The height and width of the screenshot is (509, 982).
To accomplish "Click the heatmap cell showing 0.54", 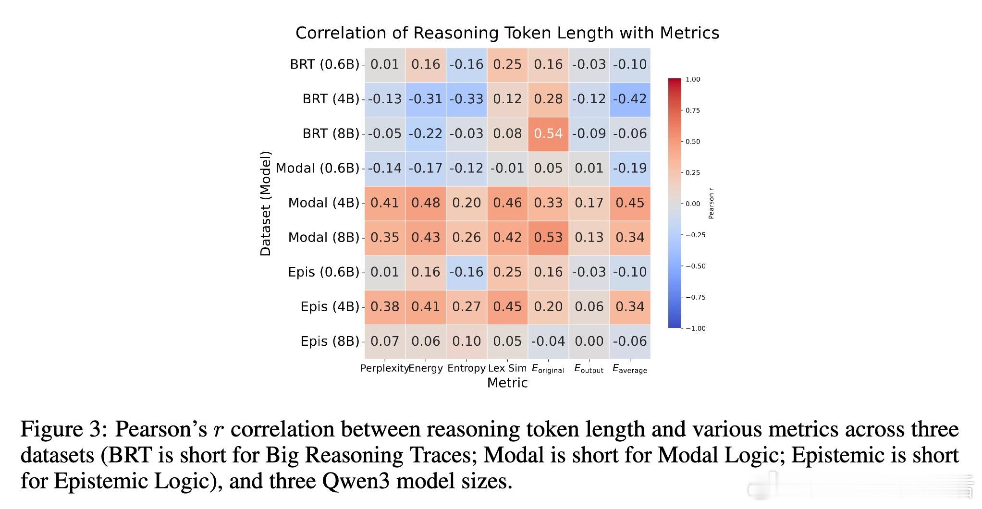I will pyautogui.click(x=548, y=134).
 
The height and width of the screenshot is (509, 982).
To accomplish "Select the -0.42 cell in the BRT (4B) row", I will pyautogui.click(x=630, y=99).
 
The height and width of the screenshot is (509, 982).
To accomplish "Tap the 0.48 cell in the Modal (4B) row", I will pyautogui.click(x=426, y=203).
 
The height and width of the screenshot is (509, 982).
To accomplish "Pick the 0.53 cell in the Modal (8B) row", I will pyautogui.click(x=548, y=238).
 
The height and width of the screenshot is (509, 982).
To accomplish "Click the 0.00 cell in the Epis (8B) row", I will pyautogui.click(x=589, y=341).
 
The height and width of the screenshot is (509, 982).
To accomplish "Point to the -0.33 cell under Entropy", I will pyautogui.click(x=466, y=99).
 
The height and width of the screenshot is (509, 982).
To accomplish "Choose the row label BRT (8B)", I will pyautogui.click(x=331, y=134).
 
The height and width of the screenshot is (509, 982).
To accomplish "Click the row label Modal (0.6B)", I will pyautogui.click(x=318, y=169).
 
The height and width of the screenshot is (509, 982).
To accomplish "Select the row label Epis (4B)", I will pyautogui.click(x=330, y=307).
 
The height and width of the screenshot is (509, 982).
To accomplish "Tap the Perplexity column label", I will pyautogui.click(x=384, y=369).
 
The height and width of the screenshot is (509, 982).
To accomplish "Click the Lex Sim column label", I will pyautogui.click(x=507, y=369).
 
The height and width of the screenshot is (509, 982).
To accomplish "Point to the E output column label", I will pyautogui.click(x=589, y=369).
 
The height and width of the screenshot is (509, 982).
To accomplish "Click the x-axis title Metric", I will pyautogui.click(x=507, y=383).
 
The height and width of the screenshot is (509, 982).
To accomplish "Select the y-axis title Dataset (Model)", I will pyautogui.click(x=266, y=204).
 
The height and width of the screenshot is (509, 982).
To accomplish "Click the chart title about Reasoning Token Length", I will pyautogui.click(x=507, y=33).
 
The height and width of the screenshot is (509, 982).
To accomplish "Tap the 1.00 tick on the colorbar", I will pyautogui.click(x=693, y=79).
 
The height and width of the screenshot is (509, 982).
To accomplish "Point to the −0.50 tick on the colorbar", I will pyautogui.click(x=695, y=266).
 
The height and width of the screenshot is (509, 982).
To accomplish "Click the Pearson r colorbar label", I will pyautogui.click(x=712, y=204).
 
